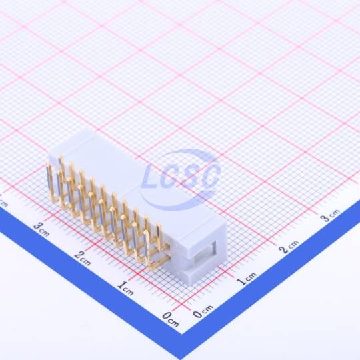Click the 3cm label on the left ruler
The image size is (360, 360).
pyautogui.click(x=41, y=229)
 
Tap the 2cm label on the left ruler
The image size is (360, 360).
pyautogui.click(x=83, y=258)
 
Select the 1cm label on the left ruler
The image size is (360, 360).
pyautogui.click(x=125, y=289)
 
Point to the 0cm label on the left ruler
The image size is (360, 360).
pyautogui.click(x=170, y=319)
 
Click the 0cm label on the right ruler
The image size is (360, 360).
pyautogui.click(x=203, y=311)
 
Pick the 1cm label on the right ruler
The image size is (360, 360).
pyautogui.click(x=247, y=279)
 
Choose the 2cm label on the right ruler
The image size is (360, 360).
pyautogui.click(x=289, y=247)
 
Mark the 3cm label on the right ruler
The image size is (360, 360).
pyautogui.click(x=331, y=215)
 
